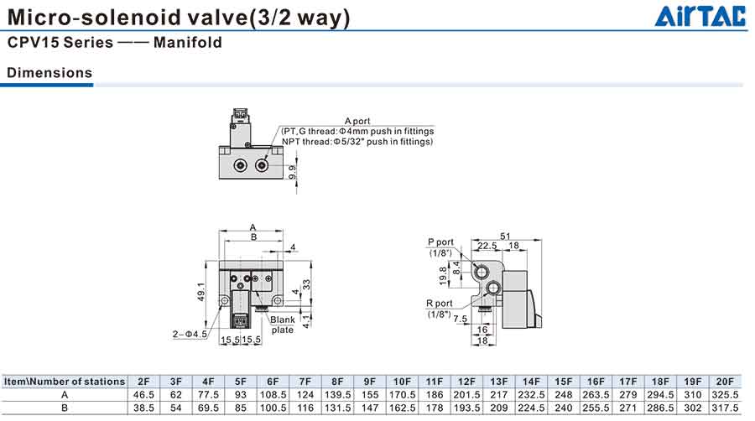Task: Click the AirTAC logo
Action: tap(698, 17)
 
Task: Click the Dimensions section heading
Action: tap(49, 73)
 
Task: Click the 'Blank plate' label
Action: tap(282, 325)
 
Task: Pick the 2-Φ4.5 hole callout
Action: tap(190, 335)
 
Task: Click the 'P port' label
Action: tap(440, 242)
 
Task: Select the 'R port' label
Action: tap(439, 304)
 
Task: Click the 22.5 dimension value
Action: tap(487, 246)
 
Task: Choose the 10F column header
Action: tap(402, 382)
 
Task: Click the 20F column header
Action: tap(725, 382)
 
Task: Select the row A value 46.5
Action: tap(143, 394)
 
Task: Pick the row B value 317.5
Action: tap(725, 408)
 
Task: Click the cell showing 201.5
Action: tap(466, 394)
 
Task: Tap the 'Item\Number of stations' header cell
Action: tap(65, 382)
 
